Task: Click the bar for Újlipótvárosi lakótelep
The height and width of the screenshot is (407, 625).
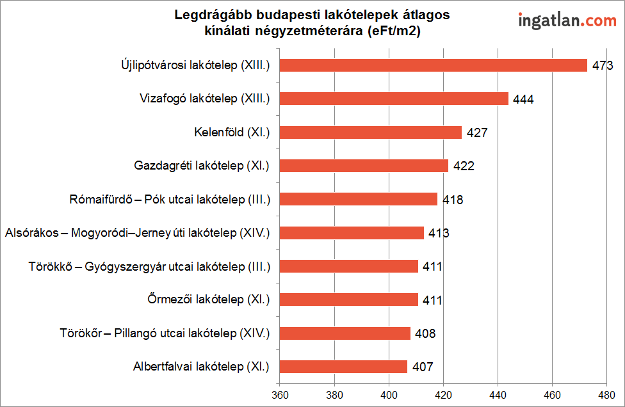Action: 434,65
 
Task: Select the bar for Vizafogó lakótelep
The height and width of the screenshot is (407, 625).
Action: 394,99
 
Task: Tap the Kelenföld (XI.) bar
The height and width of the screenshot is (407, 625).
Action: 371,132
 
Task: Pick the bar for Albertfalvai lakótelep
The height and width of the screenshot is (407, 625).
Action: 343,367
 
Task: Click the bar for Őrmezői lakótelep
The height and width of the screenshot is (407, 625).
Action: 349,299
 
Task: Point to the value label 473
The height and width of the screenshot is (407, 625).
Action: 603,65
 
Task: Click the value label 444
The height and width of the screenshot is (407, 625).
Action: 523,99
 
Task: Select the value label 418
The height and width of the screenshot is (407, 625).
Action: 452,200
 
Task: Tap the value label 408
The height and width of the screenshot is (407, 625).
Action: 425,333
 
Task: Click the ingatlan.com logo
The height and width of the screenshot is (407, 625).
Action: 567,20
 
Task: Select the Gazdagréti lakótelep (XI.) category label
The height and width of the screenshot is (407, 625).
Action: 202,166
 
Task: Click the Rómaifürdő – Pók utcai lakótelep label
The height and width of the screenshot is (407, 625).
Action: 170,200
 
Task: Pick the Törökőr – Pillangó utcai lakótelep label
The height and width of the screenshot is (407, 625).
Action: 165,333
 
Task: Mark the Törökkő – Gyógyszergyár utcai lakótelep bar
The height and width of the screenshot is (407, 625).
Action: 349,266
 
